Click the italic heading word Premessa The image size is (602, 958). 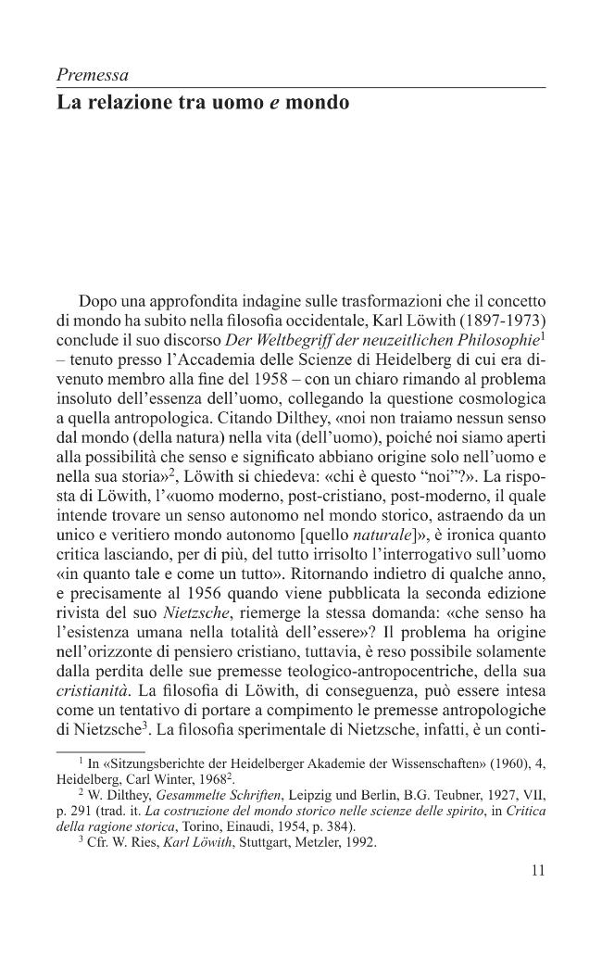93,74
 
